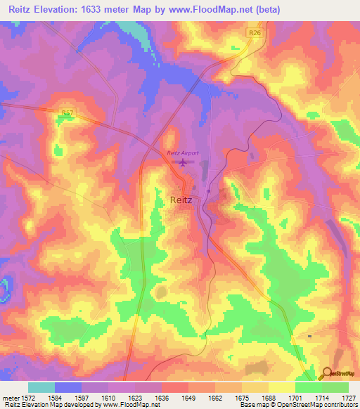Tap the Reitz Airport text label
click(x=183, y=153)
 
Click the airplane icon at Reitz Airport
click(x=184, y=163)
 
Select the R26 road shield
click(x=255, y=32)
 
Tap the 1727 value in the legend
click(x=348, y=397)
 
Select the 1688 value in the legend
click(x=268, y=397)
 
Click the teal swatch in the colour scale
click(x=41, y=387)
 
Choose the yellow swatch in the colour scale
click(x=281, y=387)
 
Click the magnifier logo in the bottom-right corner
click(x=326, y=374)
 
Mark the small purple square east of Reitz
click(x=210, y=191)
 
